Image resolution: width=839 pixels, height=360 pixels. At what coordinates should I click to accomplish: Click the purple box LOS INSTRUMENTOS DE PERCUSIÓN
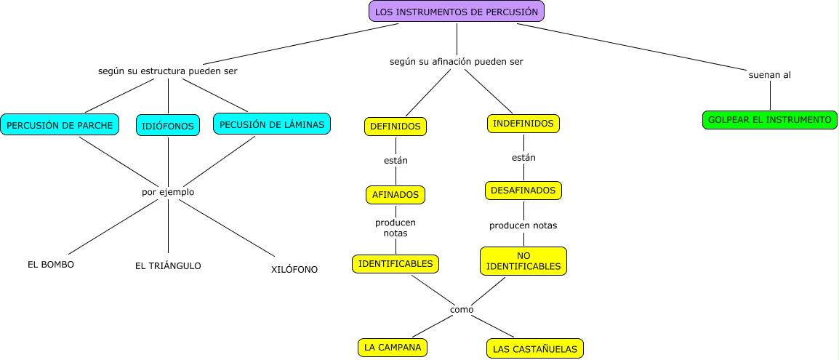pos(457,11)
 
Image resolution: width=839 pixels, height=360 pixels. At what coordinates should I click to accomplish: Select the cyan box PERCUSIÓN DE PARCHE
pos(60,125)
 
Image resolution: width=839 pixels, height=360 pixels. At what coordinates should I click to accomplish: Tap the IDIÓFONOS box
pos(168,126)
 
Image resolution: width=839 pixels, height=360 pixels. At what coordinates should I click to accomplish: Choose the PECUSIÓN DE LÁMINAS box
pos(272,124)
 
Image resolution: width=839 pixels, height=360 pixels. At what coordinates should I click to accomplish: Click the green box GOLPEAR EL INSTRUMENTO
pos(770,119)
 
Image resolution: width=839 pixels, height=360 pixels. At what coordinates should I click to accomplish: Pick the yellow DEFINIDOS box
pos(395,126)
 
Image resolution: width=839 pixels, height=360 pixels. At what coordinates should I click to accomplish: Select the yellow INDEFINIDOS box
pos(523,124)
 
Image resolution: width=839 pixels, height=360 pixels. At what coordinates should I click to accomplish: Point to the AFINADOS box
pos(395,194)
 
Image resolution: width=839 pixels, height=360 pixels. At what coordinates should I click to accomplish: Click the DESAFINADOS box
pos(523,191)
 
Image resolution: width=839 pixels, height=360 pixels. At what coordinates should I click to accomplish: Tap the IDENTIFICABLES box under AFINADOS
pos(396,263)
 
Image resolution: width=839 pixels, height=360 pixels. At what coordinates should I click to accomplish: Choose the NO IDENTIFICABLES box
pos(523,261)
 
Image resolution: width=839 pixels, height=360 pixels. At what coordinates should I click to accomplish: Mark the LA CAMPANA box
pos(393,348)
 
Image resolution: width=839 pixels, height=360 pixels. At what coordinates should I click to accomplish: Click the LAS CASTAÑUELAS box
pos(534,349)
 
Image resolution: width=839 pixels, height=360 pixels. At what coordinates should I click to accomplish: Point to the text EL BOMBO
pos(50,264)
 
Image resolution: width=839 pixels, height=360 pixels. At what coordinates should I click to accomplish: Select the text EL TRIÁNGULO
pos(168,265)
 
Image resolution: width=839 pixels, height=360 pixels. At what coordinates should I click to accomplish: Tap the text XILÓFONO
pos(294,269)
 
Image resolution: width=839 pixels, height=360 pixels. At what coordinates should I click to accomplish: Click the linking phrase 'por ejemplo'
pos(168,192)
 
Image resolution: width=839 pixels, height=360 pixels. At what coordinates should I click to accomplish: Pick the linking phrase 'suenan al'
pos(769,75)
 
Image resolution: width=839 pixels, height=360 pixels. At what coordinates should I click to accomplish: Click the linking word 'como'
pos(462,309)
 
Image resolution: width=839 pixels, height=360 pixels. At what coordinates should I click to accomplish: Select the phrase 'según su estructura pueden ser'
pos(168,71)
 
